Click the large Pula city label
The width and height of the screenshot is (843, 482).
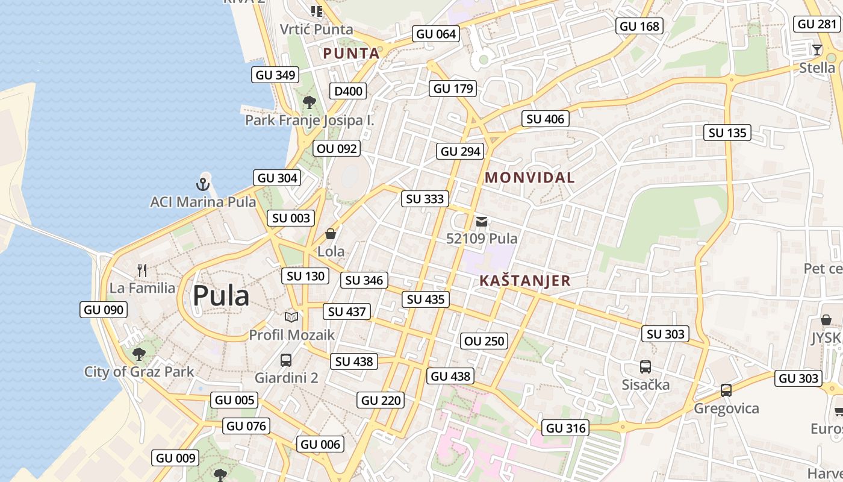coord(220,296)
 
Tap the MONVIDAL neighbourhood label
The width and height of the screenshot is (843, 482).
coord(530,178)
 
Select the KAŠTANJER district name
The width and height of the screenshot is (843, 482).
coord(525,281)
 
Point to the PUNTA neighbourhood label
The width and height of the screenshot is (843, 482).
coord(352,53)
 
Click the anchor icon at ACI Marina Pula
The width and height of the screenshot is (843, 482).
coord(203,184)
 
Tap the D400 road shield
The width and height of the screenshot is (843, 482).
coord(349,91)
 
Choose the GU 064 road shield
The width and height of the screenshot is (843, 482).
coord(437,34)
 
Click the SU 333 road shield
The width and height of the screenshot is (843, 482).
coord(425,199)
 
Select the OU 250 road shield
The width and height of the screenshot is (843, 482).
coord(485,341)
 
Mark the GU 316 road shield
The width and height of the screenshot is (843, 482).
coord(565,428)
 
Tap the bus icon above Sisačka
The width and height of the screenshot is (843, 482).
coord(645,366)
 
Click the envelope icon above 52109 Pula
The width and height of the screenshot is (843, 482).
coord(482,222)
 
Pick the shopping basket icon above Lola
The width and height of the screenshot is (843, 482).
coord(331,234)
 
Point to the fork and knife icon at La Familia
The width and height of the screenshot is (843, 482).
coord(142,270)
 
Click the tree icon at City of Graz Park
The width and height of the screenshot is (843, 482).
coord(139,354)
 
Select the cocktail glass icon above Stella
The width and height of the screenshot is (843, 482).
coord(817,49)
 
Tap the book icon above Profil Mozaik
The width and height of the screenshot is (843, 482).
coord(291,317)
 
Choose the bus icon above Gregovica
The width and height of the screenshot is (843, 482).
coord(726,390)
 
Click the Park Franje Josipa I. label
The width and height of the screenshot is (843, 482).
coord(310,120)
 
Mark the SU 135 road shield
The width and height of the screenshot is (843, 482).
coord(727,133)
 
